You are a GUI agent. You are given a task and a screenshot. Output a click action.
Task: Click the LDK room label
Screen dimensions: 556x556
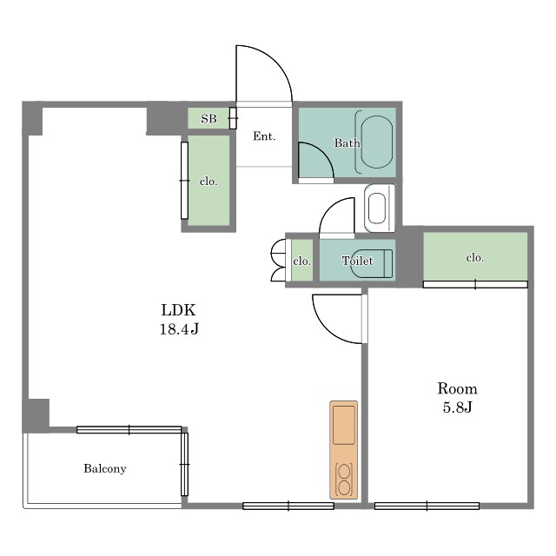(x=178, y=310)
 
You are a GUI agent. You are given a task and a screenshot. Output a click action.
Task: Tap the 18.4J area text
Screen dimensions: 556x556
(x=179, y=329)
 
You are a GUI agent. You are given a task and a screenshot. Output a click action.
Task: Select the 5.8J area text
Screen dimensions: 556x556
(x=457, y=407)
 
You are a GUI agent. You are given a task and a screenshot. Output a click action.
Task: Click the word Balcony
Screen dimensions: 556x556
(x=105, y=469)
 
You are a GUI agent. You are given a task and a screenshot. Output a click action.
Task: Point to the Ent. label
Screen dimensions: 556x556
(x=264, y=136)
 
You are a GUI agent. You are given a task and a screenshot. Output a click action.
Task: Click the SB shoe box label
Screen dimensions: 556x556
(x=208, y=118)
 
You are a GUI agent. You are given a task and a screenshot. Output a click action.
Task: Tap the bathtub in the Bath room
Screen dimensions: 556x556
(x=376, y=142)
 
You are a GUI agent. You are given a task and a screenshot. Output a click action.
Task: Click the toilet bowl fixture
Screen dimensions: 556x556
(x=372, y=263)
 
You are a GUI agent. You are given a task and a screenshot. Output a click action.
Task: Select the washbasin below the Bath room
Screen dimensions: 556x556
(x=380, y=208)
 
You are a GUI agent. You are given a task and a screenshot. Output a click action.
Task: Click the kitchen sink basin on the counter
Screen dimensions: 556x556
(x=344, y=425)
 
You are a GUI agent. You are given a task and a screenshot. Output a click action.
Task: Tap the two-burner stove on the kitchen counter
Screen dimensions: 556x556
(x=344, y=480)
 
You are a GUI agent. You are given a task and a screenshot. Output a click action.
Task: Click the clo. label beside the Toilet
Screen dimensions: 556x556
(x=302, y=261)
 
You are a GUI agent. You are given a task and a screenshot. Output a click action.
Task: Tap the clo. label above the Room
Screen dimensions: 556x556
(x=475, y=257)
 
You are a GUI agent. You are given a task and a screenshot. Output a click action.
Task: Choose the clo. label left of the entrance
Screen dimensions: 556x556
(x=208, y=182)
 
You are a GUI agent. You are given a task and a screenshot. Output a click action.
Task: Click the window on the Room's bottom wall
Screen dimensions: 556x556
(x=427, y=506)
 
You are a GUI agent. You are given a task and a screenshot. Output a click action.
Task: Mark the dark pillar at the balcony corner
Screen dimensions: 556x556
(x=36, y=415)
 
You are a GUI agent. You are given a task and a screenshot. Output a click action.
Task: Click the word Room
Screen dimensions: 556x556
(x=457, y=389)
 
